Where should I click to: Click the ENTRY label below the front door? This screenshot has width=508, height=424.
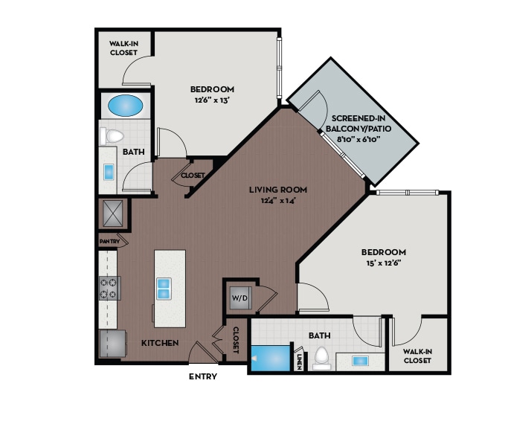[x=202, y=376]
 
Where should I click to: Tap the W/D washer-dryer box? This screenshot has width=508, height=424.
[x=240, y=298]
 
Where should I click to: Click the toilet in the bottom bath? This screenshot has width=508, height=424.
[x=322, y=357]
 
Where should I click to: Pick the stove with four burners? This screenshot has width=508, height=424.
[x=109, y=287]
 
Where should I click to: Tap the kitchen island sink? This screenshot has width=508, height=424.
[x=163, y=285]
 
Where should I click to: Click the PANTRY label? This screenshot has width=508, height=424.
[x=109, y=242]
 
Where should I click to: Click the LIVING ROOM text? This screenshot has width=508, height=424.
[x=278, y=190]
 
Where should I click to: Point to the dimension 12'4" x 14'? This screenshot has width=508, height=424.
[x=278, y=200]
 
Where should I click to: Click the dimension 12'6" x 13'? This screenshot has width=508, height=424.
[x=212, y=100]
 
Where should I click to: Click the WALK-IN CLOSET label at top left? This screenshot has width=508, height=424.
[x=124, y=48]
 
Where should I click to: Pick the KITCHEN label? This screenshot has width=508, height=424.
[x=160, y=343]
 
